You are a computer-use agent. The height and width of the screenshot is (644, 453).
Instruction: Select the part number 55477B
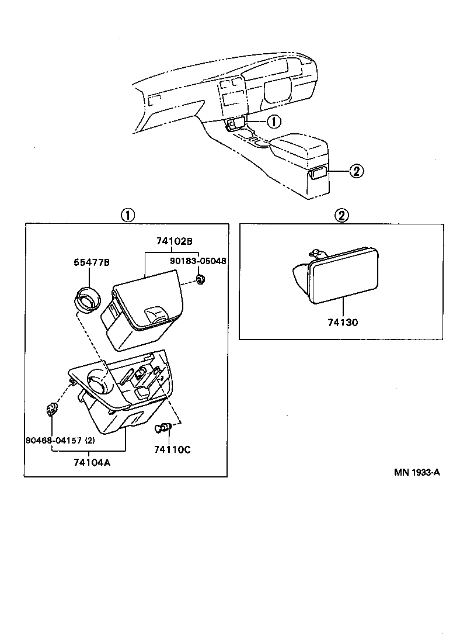click(92, 262)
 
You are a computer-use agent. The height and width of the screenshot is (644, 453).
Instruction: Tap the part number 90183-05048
click(198, 262)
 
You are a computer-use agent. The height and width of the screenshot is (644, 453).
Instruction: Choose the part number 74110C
click(172, 449)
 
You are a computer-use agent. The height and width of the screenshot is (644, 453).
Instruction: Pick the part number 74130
click(343, 322)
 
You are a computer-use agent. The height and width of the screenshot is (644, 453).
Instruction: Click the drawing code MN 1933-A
click(416, 472)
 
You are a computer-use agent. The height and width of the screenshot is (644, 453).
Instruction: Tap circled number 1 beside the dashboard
click(273, 122)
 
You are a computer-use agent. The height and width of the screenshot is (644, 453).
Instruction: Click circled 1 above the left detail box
click(127, 215)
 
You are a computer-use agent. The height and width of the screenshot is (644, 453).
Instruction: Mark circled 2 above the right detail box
click(342, 215)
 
